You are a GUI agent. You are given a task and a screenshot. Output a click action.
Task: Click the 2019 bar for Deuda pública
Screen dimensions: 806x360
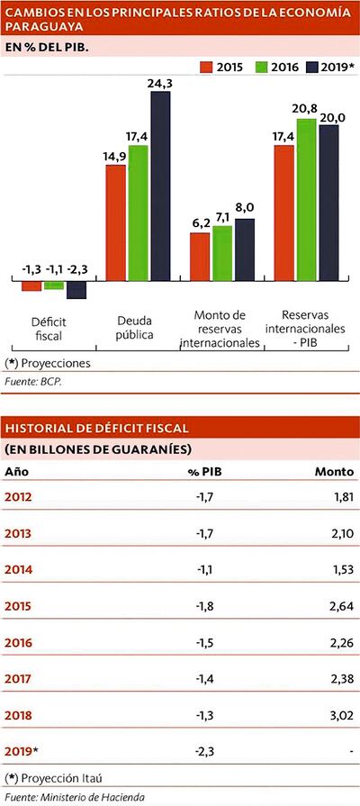tap(159, 186)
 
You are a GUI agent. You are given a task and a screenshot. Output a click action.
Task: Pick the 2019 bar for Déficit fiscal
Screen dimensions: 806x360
tap(76, 290)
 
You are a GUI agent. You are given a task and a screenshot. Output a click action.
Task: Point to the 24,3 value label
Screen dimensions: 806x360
tap(160, 83)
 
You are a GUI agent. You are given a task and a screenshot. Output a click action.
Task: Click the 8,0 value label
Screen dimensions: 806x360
tap(245, 208)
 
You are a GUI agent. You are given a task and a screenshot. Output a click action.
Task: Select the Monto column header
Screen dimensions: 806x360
tap(333, 471)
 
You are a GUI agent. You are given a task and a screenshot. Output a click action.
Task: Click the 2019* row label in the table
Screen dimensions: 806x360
tap(23, 750)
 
